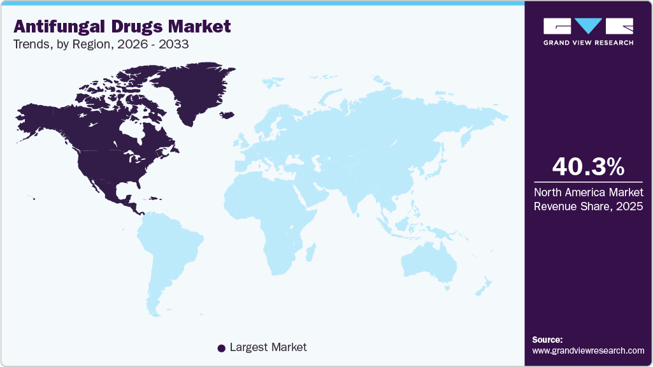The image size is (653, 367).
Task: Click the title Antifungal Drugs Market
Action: [x=122, y=26]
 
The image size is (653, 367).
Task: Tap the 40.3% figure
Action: [x=588, y=167]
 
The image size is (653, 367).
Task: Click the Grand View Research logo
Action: [x=588, y=31]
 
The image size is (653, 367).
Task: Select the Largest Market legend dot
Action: [x=221, y=348]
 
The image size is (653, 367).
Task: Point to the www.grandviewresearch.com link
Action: [x=588, y=350]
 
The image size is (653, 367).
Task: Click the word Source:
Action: [x=547, y=340]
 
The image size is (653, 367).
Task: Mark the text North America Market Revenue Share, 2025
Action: [x=588, y=199]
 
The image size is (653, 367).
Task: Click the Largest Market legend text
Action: [x=268, y=347]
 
